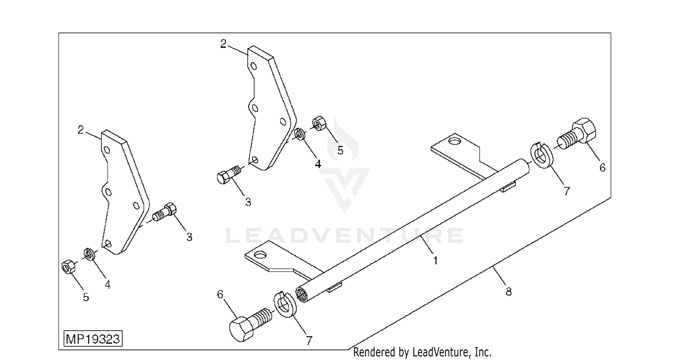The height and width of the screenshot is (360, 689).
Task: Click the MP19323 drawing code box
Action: point(93,339)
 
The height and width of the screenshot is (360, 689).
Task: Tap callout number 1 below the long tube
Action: point(435,260)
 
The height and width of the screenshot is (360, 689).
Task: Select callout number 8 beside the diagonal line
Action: point(508,292)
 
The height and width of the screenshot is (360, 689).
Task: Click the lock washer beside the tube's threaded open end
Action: point(285,304)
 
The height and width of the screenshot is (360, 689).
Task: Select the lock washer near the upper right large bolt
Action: point(542,155)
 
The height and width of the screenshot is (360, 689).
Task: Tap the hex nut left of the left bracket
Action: point(68,267)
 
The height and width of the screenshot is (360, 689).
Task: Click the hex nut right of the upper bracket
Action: point(319,123)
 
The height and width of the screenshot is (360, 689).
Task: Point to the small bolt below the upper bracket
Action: point(228,174)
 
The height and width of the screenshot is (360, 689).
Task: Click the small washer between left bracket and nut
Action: point(89,254)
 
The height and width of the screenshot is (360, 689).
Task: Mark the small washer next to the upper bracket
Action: point(299,134)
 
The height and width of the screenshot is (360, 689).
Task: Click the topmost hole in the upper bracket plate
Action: point(254,66)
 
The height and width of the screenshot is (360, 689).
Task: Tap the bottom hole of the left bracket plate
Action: point(107,244)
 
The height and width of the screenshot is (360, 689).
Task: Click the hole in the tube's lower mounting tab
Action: point(260,254)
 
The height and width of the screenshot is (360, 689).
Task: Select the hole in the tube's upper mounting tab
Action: point(455,141)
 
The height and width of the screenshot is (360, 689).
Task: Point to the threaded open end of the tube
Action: point(302,294)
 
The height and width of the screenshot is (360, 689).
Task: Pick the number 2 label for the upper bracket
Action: point(223,44)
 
